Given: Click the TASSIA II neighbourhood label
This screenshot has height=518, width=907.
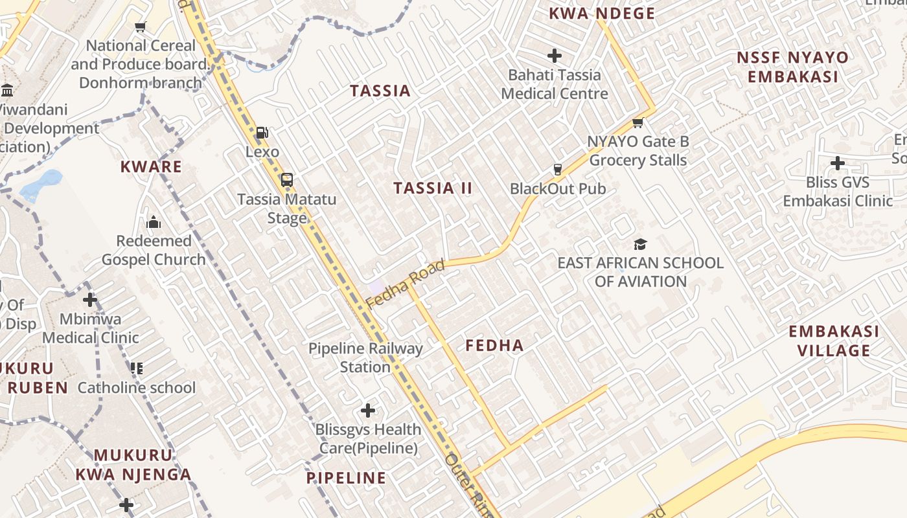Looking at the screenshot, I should [x=433, y=188].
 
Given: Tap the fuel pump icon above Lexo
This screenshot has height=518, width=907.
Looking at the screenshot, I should [x=262, y=133].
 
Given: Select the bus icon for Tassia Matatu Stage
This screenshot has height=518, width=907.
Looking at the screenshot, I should [x=287, y=180].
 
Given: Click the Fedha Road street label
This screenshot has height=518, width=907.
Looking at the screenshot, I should [x=405, y=284].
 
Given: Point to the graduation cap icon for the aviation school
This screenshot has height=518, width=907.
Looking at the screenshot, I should [x=640, y=244].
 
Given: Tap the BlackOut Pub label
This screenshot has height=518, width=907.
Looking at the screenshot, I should [x=558, y=189].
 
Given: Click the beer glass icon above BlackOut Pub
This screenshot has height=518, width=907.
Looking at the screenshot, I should [x=557, y=170].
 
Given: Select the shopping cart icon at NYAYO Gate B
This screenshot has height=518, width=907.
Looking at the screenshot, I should [x=637, y=122].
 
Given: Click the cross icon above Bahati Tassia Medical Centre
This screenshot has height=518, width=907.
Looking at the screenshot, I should [x=555, y=56].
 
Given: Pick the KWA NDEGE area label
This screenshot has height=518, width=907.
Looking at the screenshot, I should [x=602, y=14].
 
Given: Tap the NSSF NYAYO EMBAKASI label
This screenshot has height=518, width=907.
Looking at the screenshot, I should [x=792, y=67].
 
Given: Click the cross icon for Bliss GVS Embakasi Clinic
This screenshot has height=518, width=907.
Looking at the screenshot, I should [x=838, y=163].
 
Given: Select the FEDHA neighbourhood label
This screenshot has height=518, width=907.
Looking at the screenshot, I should [x=494, y=346].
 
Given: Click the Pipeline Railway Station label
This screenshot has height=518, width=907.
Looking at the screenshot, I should [x=365, y=357].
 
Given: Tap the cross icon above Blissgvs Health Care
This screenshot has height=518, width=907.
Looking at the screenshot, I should [x=368, y=411].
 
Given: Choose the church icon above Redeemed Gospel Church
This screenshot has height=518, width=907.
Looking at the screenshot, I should [x=154, y=222].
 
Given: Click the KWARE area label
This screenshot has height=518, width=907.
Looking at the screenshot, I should [x=151, y=167].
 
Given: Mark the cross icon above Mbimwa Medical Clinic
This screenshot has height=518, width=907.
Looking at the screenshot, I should [x=90, y=300].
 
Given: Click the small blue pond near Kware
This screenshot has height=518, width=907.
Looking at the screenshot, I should [x=41, y=184].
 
